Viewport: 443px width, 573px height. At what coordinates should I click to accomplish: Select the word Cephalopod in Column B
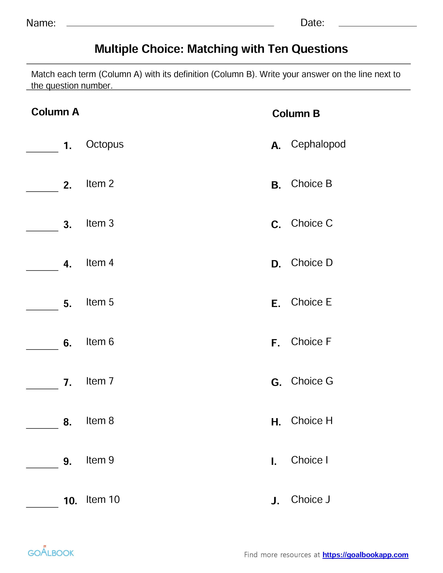[318, 144]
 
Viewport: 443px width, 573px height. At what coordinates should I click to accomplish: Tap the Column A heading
[55, 112]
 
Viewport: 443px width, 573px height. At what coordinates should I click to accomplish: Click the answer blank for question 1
[42, 150]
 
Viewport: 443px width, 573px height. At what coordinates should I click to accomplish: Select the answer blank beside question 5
[42, 308]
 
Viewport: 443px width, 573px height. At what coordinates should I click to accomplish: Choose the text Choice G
[312, 381]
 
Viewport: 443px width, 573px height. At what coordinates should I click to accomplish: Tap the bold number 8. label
[67, 422]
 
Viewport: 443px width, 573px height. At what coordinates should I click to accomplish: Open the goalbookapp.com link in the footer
[365, 555]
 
